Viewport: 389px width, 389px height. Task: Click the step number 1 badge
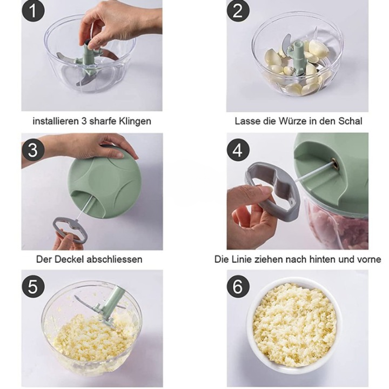pos(33,11)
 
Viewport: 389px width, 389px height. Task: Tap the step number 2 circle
pos(238,11)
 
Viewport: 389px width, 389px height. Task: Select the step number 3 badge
pos(33,150)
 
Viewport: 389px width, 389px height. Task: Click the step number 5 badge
pos(33,286)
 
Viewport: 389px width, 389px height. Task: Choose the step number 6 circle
pos(238,286)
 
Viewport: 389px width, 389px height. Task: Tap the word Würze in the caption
pos(294,121)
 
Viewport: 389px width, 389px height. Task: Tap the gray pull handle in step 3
pos(69,230)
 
